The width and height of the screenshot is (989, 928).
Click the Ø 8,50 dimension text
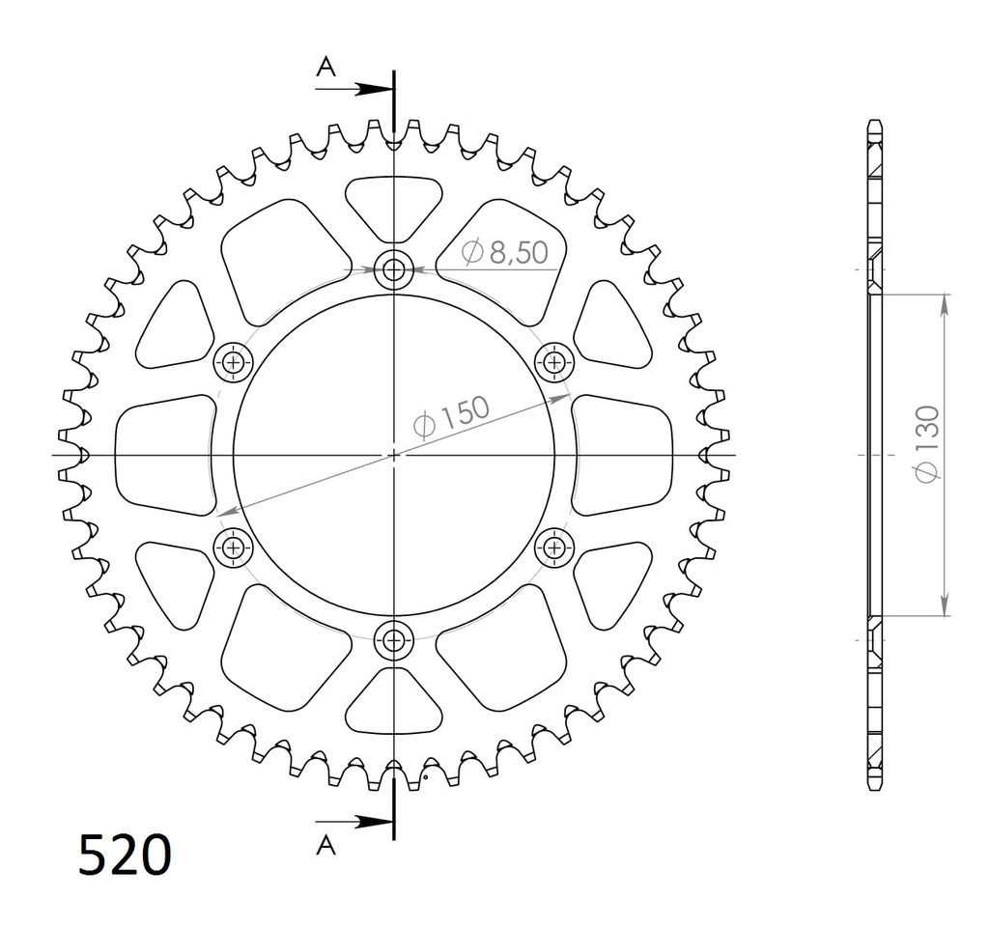click(504, 252)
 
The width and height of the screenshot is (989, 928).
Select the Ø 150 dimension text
click(452, 416)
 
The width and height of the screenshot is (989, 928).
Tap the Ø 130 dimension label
click(928, 444)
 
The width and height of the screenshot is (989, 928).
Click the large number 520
click(125, 856)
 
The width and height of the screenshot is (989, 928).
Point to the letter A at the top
click(325, 66)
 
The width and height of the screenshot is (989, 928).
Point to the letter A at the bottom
click(325, 845)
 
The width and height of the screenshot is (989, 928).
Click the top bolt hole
click(394, 270)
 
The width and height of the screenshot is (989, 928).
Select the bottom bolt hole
click(394, 640)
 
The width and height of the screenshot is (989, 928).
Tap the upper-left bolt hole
click(234, 362)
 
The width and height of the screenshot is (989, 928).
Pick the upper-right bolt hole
click(554, 362)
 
